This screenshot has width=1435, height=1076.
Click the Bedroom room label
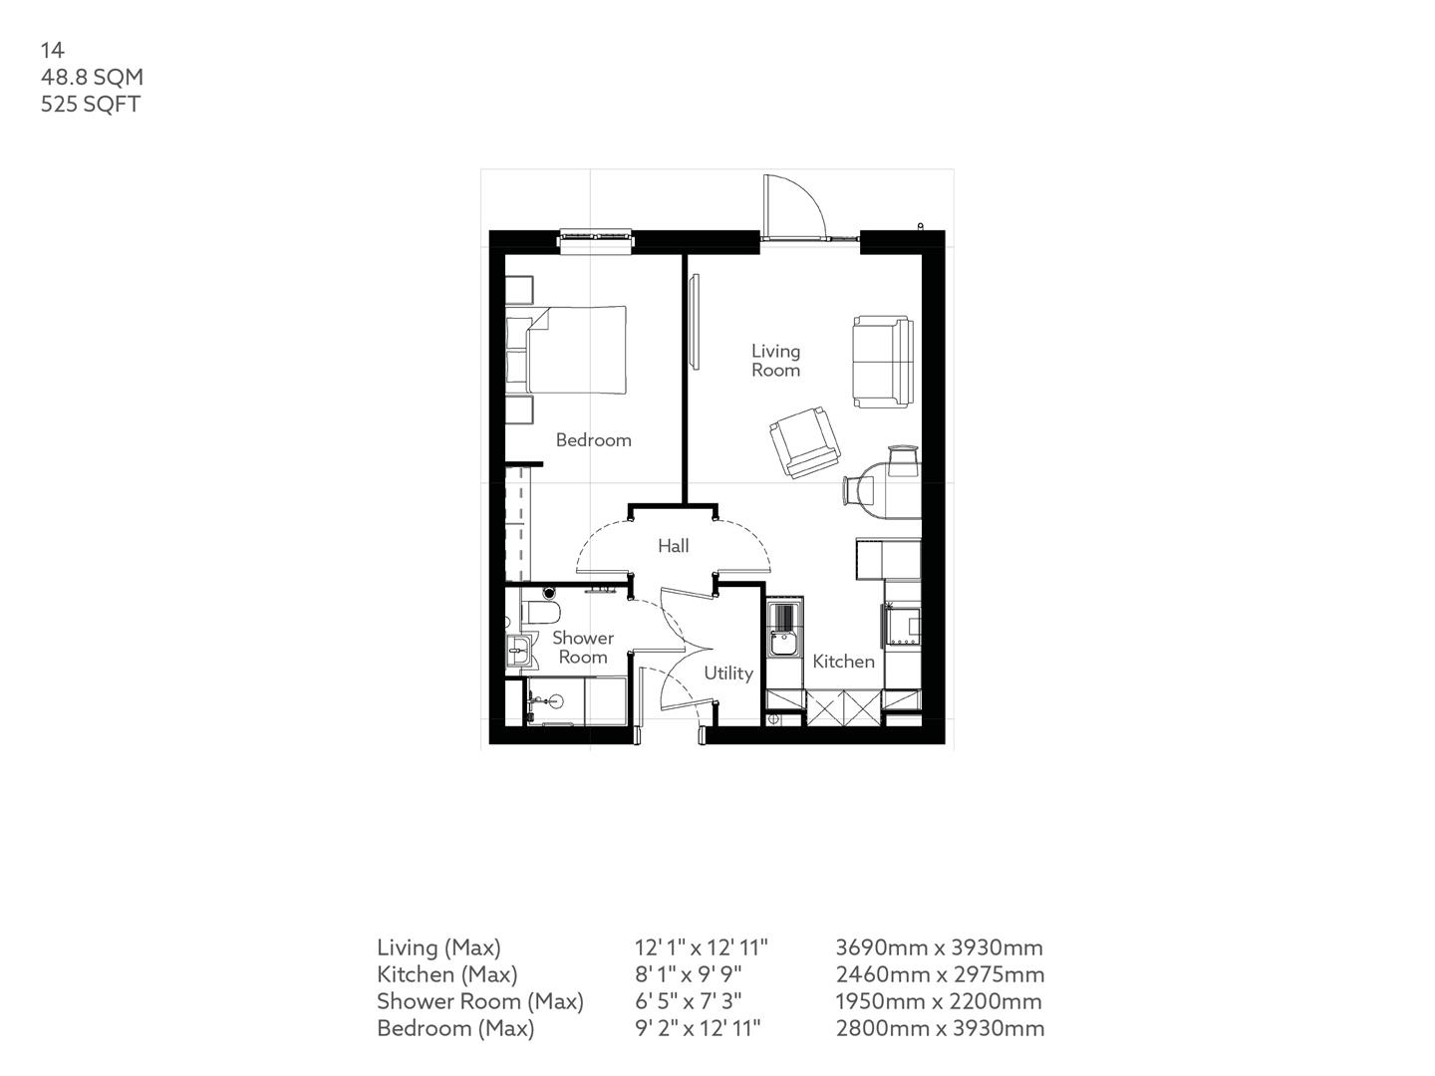coord(593,439)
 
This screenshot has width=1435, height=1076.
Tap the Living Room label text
coord(775,360)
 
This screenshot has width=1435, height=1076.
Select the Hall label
coord(673,546)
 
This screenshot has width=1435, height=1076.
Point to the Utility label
coord(728,672)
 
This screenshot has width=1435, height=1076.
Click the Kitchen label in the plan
coord(843,661)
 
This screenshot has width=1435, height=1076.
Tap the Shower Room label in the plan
coord(583,647)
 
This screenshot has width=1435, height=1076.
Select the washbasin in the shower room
coord(517,653)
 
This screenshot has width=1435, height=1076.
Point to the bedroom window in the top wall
coord(596,237)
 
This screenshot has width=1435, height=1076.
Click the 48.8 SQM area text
coord(92,77)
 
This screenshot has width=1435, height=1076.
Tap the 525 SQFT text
coord(90,104)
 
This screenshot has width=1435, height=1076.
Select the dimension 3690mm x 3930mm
coord(939,947)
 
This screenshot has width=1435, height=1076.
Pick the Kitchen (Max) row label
coord(446,974)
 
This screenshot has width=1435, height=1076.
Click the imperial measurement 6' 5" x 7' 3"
coord(688,1001)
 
